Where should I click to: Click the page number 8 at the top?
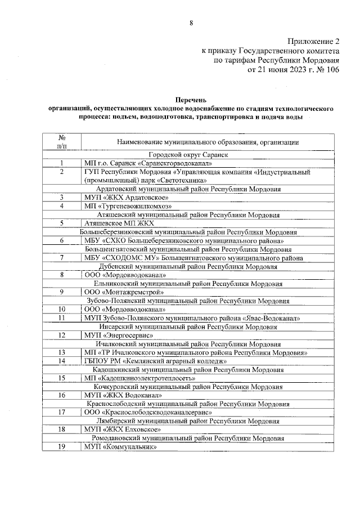coord(191,23)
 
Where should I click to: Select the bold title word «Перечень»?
coord(191,98)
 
